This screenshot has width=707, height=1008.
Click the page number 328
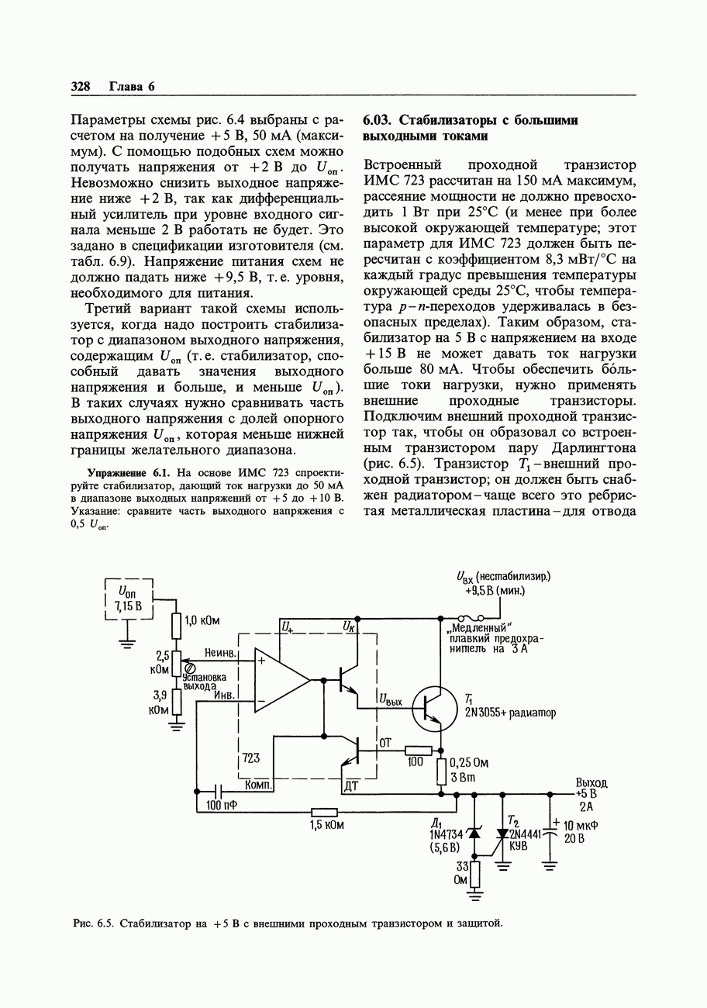[x=81, y=87]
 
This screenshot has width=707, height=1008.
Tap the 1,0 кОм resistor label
[x=202, y=620]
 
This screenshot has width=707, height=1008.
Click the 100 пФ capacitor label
[x=221, y=806]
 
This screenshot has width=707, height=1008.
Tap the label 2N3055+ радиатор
[x=510, y=713]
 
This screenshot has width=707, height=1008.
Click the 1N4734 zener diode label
[x=446, y=834]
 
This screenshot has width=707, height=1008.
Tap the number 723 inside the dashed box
[x=251, y=758]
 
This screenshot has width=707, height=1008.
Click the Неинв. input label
[x=220, y=654]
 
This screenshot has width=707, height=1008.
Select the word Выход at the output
[x=591, y=782]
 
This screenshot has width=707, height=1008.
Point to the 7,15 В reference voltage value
[x=128, y=606]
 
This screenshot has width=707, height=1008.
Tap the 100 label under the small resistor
[x=417, y=763]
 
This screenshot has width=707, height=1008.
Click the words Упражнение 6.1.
[x=127, y=471]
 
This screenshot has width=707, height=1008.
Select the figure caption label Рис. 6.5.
[x=94, y=923]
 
